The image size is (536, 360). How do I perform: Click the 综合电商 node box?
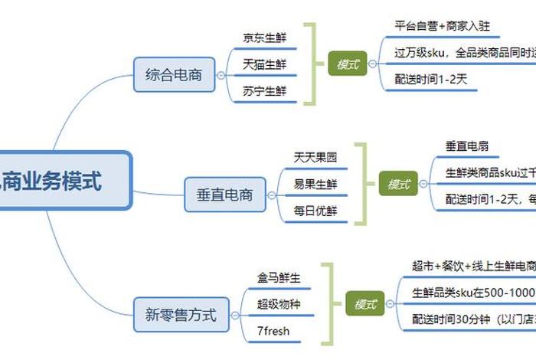174,75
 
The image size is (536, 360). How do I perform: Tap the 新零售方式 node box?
181,314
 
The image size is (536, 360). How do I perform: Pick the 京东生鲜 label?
264,38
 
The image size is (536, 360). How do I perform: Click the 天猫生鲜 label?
264,64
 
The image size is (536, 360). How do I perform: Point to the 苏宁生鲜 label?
264,91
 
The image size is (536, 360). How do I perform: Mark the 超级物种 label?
279,304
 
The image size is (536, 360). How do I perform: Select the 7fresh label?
273,331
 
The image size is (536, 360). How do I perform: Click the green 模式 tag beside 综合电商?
348,64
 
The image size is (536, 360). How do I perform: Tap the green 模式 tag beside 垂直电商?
399,184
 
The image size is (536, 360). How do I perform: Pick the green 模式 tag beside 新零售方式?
364,304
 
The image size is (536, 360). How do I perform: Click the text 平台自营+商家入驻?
438,25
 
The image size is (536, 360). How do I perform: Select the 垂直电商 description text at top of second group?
468,145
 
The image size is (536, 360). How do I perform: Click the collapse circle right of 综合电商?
221,75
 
